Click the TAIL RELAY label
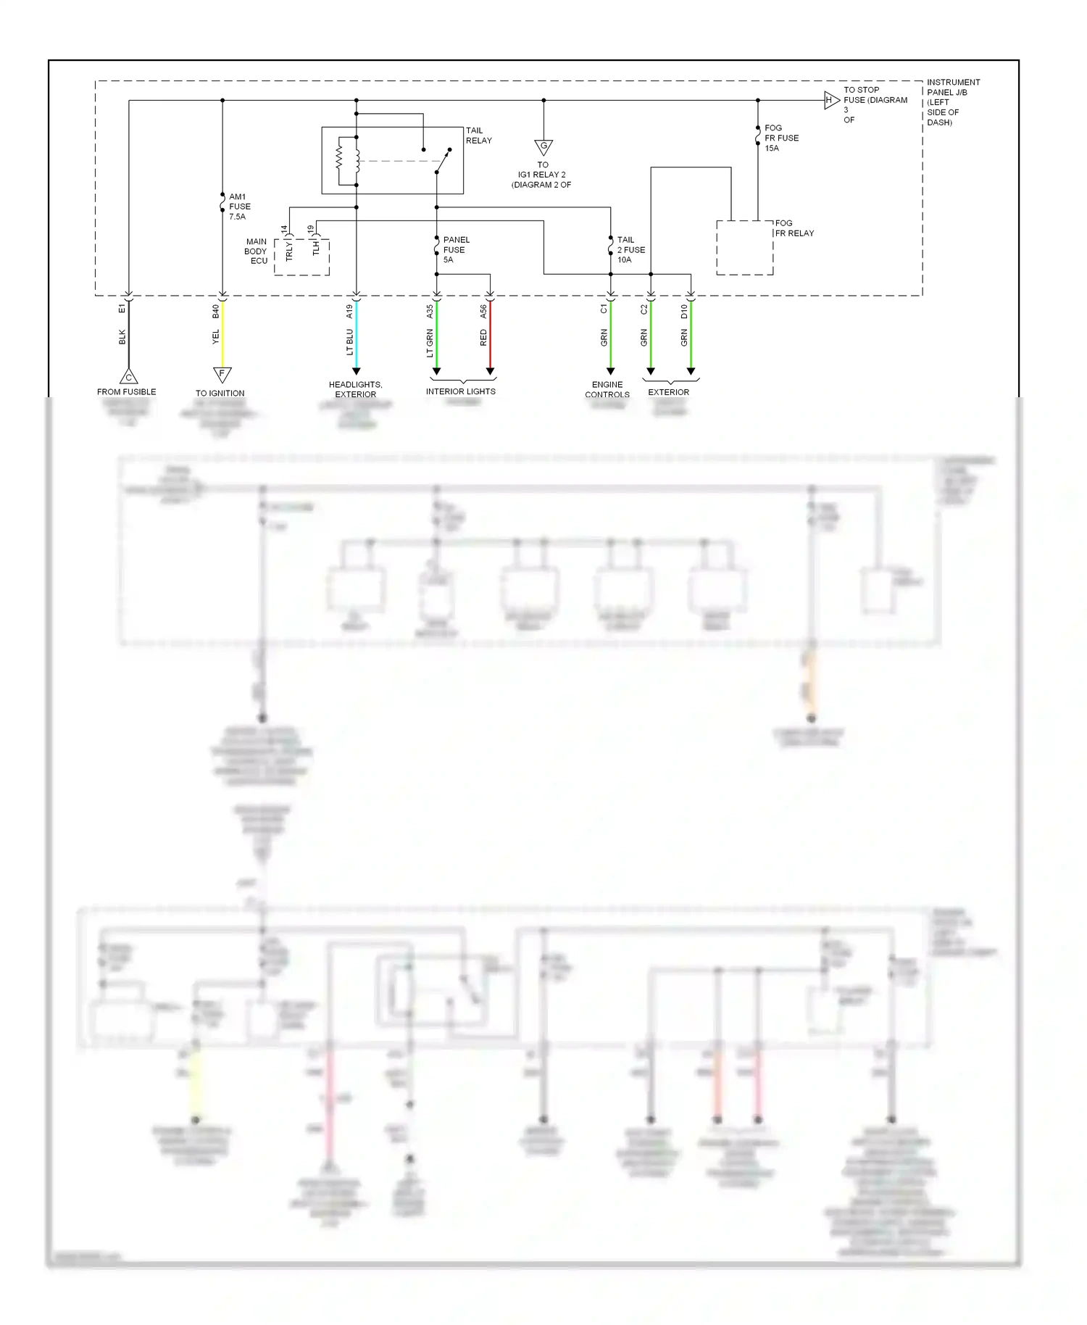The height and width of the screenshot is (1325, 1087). [x=478, y=136]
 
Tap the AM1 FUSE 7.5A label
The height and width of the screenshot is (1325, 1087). [x=239, y=207]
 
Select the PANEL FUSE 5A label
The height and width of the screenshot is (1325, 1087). [x=456, y=249]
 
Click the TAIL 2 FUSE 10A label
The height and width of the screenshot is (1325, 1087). [x=630, y=249]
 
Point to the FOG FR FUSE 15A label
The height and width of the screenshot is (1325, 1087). [x=781, y=138]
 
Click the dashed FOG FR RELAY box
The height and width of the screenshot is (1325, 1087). [x=744, y=248]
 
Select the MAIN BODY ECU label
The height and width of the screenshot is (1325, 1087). [x=257, y=252]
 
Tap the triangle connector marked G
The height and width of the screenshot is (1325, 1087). [x=543, y=146]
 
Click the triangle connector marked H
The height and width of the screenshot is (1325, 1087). [x=830, y=101]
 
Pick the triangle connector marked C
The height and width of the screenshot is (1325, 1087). [x=128, y=377]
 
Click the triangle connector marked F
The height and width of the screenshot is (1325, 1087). [x=222, y=374]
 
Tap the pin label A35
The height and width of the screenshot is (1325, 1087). [x=430, y=312]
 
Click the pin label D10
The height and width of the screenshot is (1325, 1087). [x=684, y=312]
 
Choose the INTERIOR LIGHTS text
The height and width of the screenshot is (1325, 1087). [x=460, y=391]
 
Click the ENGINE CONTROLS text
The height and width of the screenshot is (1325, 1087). [x=607, y=390]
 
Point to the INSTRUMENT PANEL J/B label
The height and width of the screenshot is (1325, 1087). [x=952, y=102]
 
